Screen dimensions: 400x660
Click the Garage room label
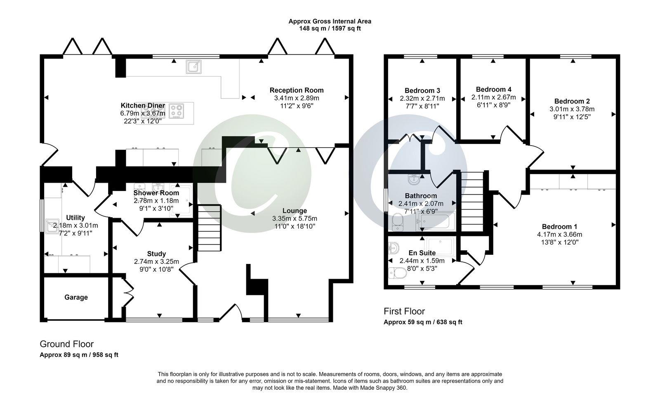tap(76, 297)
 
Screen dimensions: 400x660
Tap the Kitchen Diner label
tap(143, 106)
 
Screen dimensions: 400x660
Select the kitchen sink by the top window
tap(193, 66)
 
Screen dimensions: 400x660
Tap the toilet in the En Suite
tap(397, 273)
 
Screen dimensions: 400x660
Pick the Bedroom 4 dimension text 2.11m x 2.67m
tap(493, 97)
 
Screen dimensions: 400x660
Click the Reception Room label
tap(297, 90)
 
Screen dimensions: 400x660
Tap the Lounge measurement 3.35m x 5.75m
tap(295, 219)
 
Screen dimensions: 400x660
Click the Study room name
tap(156, 254)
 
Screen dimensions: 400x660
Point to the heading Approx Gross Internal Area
tap(330, 21)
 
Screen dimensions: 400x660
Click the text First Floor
tap(404, 311)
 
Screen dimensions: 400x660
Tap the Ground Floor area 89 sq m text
tap(79, 355)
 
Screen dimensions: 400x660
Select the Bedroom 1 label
tap(559, 226)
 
